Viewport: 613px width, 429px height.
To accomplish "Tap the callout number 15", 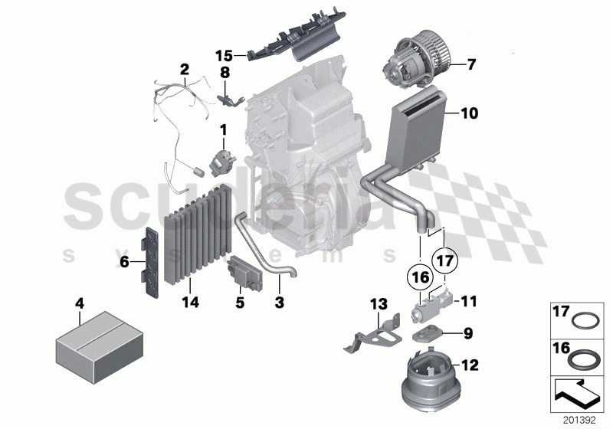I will tap(223, 55).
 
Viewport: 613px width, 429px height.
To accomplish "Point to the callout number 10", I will tap(469, 113).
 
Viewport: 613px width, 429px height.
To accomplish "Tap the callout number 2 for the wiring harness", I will tap(184, 69).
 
